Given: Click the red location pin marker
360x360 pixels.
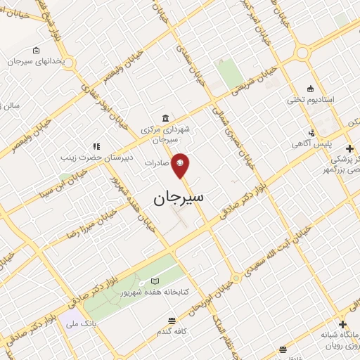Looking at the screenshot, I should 181,165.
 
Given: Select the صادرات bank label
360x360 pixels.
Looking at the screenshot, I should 158,162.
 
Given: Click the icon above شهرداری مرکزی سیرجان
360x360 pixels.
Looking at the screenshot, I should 165,117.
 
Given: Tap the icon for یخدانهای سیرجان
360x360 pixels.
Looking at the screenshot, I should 37,51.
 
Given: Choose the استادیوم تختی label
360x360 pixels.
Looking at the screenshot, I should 314,99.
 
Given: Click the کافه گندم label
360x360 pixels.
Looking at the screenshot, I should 173,330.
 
